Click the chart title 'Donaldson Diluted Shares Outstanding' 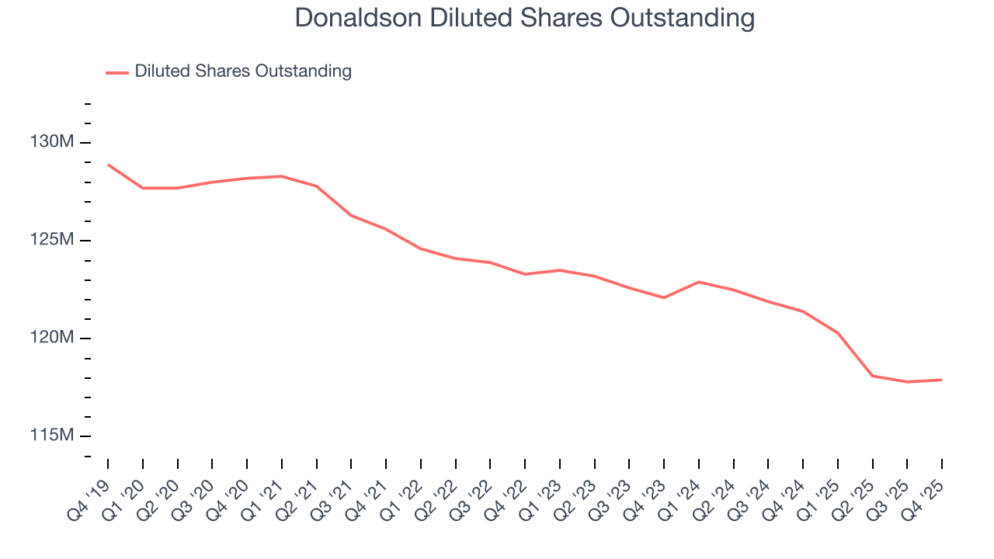coord(524,18)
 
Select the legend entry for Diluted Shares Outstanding coord(242,71)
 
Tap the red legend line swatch coord(117,72)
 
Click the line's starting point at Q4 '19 coord(108,165)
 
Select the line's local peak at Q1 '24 coord(699,282)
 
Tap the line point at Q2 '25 coord(873,376)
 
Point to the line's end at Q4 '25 coord(942,380)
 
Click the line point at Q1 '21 coord(282,176)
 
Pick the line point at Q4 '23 coord(664,297)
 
